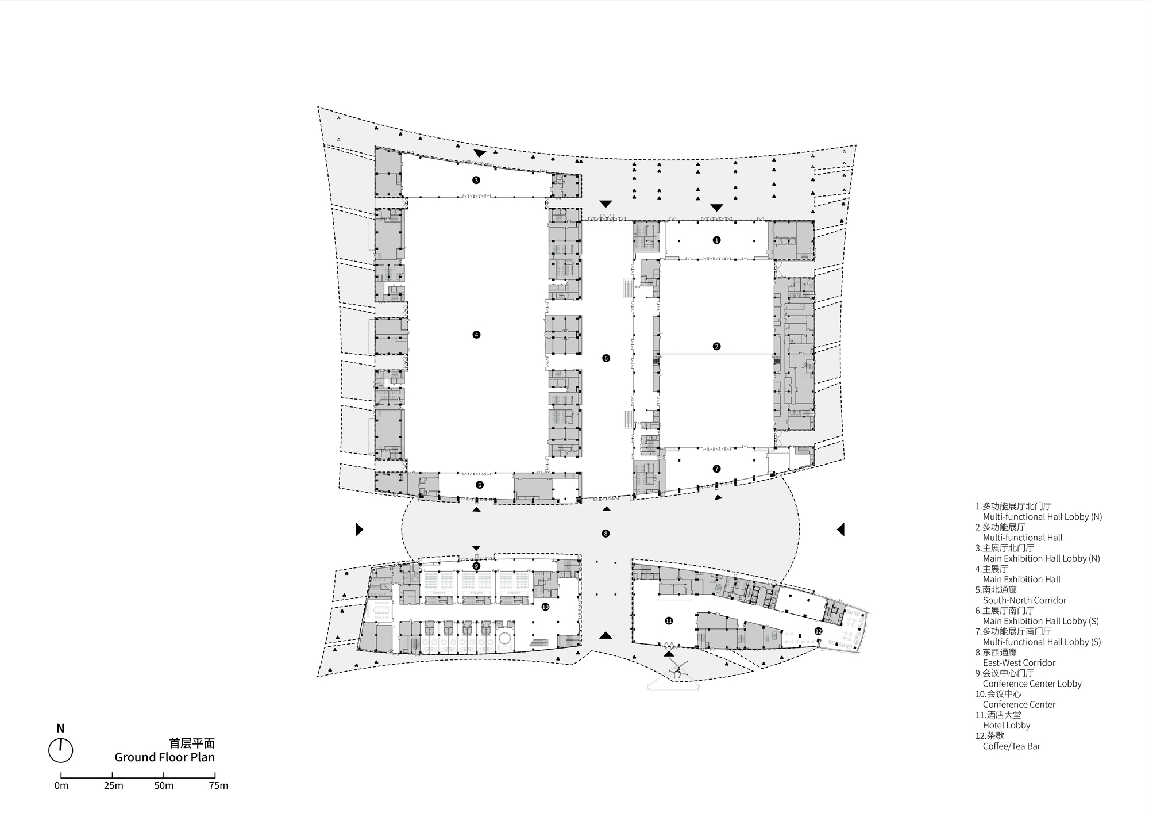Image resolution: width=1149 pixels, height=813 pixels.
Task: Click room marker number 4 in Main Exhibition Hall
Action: (x=476, y=335)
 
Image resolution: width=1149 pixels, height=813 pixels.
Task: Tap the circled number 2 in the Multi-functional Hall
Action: (x=716, y=346)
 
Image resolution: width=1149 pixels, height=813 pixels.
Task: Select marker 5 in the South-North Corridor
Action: (x=606, y=358)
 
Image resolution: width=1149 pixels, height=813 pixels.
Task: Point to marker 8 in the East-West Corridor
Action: (x=606, y=534)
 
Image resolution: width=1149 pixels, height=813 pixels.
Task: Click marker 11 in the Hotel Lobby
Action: (x=669, y=620)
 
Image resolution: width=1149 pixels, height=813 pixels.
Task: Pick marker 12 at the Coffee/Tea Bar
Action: (x=818, y=631)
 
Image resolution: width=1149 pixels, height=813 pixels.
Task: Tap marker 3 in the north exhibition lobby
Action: (x=476, y=180)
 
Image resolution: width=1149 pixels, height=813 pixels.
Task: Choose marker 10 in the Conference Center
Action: (x=545, y=607)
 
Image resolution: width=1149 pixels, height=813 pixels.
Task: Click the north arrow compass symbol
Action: (x=60, y=750)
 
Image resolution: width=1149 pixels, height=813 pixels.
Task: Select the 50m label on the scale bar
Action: (x=164, y=786)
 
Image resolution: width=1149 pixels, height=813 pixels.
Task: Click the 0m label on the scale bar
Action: (x=61, y=786)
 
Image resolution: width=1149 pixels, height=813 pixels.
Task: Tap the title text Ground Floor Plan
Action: (x=164, y=757)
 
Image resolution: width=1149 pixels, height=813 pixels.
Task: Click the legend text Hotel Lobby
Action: (x=1006, y=726)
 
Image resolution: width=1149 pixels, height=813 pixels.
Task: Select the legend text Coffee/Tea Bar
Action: (x=1011, y=746)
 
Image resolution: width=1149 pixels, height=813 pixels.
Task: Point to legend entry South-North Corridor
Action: (x=1024, y=600)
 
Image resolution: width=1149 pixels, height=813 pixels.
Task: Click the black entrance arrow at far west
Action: (x=359, y=529)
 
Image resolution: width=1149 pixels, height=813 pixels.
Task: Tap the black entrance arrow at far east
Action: (x=840, y=529)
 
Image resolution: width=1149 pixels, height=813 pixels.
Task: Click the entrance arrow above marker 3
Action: (x=480, y=154)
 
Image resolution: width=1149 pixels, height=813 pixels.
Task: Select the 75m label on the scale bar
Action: (x=218, y=786)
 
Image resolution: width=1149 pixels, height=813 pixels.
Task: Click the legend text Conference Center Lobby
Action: (x=1032, y=684)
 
